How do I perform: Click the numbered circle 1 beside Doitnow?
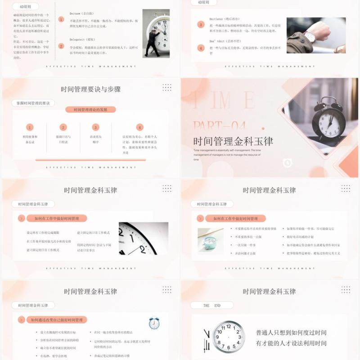point(61,19)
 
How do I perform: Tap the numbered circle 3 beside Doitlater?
point(201,24)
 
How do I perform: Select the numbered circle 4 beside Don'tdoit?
point(201,47)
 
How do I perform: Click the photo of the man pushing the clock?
point(156,33)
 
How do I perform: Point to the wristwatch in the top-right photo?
point(310,36)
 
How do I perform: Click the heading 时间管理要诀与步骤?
point(90,89)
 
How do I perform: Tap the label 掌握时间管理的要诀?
point(33,103)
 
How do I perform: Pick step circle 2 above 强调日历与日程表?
point(63,127)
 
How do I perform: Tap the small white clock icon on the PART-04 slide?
point(287,163)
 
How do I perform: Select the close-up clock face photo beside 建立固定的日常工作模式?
point(143,238)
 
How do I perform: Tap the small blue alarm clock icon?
point(154,323)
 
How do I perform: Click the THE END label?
point(211,305)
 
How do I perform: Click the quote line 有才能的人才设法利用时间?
point(291,343)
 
